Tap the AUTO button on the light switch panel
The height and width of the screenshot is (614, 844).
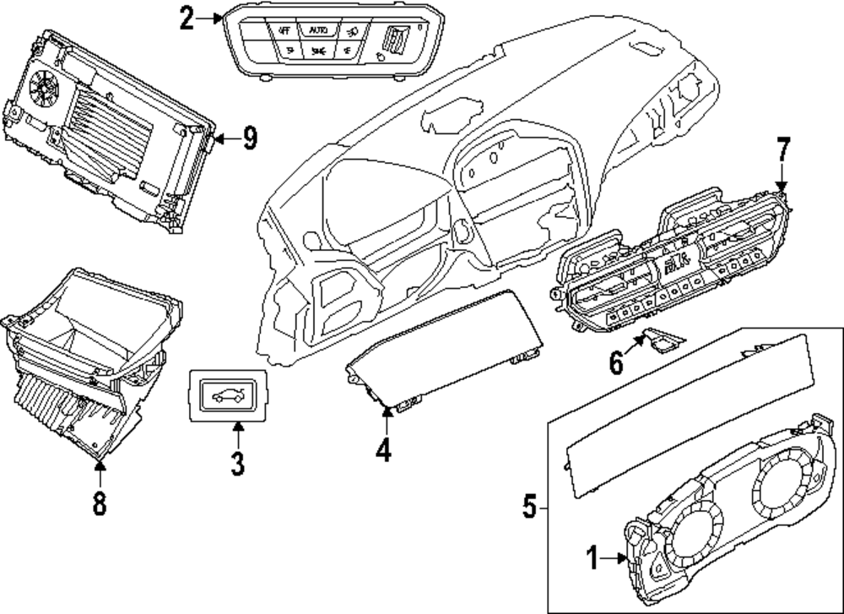tap(318, 30)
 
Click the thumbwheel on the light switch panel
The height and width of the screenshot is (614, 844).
tap(394, 38)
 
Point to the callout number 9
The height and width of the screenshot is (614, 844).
tap(249, 138)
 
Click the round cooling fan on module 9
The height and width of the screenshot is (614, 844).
tap(43, 85)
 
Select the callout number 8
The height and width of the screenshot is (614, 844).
tap(100, 503)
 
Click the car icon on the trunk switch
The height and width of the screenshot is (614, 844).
tap(227, 394)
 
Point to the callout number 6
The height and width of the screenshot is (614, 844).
tap(617, 364)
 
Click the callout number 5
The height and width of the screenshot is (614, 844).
tap(529, 507)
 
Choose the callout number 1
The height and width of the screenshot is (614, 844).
tap(592, 557)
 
